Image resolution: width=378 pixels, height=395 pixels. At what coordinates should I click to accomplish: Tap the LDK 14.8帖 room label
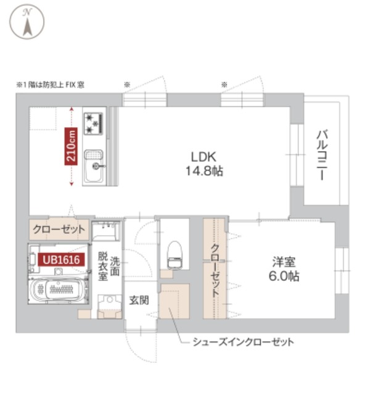[x=202, y=164]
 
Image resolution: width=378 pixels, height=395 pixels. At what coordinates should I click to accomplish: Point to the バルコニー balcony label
[x=321, y=154]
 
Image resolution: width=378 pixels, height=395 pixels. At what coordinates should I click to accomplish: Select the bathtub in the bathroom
[x=59, y=289]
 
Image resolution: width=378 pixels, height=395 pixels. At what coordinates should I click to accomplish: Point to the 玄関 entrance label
[x=139, y=301]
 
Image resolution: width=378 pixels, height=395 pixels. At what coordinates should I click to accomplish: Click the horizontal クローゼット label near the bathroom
[x=59, y=229]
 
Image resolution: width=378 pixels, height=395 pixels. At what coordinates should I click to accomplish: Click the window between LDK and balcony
[x=295, y=154]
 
